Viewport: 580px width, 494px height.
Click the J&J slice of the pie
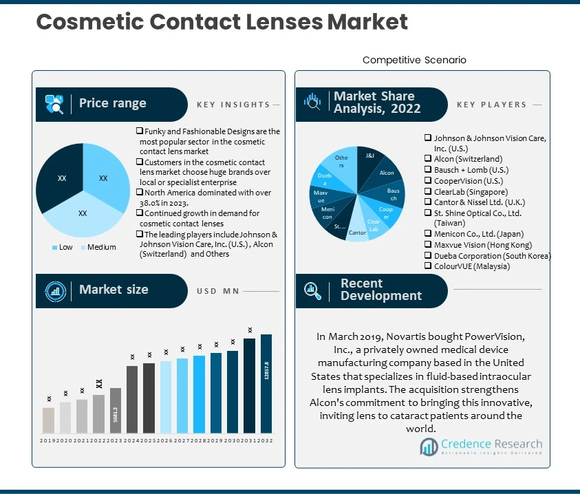click(x=370, y=157)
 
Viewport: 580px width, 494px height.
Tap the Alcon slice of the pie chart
click(x=387, y=173)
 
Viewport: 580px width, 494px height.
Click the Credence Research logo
click(x=481, y=447)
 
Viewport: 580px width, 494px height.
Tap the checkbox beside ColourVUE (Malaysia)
click(x=428, y=266)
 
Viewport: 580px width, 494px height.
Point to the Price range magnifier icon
click(x=54, y=104)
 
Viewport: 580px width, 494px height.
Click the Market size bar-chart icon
click(x=54, y=290)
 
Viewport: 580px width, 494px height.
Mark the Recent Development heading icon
click(x=313, y=290)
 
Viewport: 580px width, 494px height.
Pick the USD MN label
click(x=217, y=291)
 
